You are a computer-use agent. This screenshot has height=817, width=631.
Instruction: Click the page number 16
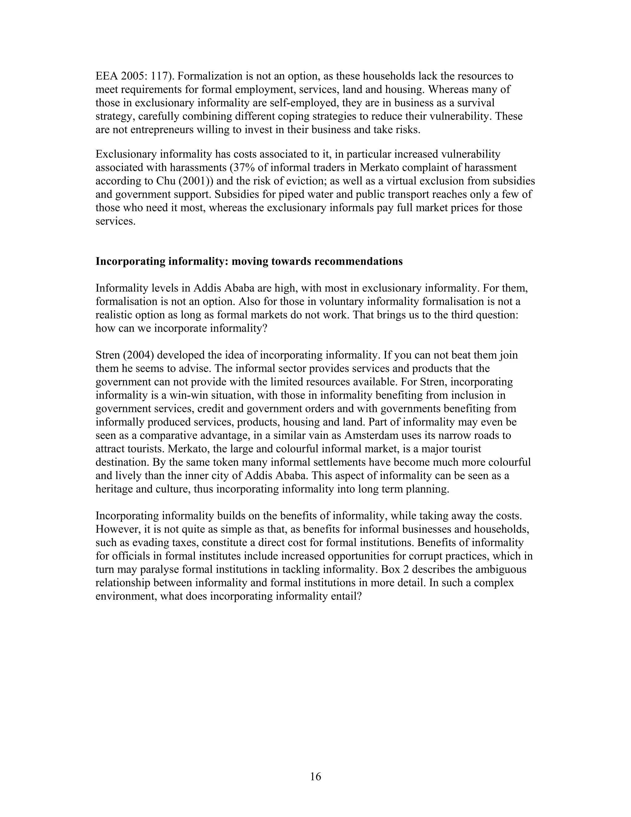(315, 777)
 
